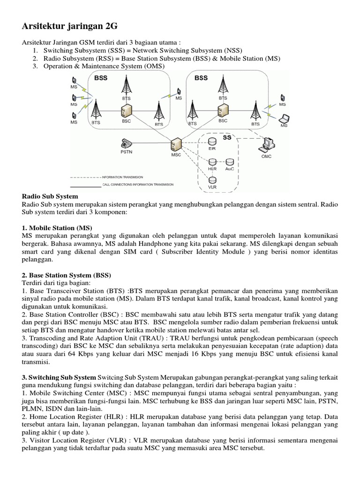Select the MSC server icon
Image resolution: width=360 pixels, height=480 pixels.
176,143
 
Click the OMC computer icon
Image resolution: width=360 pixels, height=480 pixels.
268,144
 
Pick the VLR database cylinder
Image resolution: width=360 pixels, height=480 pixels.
212,180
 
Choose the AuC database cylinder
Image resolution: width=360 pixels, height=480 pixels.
230,162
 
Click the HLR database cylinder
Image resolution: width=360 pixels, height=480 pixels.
212,162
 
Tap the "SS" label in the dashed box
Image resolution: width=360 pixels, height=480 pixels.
227,138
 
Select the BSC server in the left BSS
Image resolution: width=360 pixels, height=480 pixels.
126,111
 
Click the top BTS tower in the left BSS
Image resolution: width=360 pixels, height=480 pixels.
126,85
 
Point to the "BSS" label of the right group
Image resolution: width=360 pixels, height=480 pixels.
201,77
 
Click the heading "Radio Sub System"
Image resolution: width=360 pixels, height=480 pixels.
50,196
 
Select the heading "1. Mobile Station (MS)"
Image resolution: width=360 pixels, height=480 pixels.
57,227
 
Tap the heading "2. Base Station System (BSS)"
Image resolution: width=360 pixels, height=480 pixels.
66,275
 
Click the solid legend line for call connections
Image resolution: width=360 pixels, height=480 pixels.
86,187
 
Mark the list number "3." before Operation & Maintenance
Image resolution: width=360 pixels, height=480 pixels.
35,67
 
